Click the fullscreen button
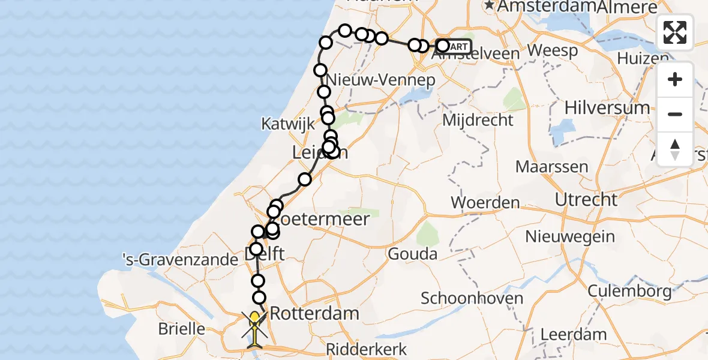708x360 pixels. (675, 32)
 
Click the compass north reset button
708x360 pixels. (675, 149)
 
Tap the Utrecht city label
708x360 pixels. (586, 199)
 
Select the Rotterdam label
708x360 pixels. (314, 313)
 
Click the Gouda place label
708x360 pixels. (412, 254)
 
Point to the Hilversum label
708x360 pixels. (607, 108)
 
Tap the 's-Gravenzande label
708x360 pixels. (180, 260)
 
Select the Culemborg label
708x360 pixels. (629, 292)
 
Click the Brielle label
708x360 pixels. (181, 329)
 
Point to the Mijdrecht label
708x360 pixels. (478, 120)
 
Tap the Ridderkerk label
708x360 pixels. (367, 349)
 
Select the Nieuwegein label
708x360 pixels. (570, 236)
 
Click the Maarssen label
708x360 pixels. (552, 166)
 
